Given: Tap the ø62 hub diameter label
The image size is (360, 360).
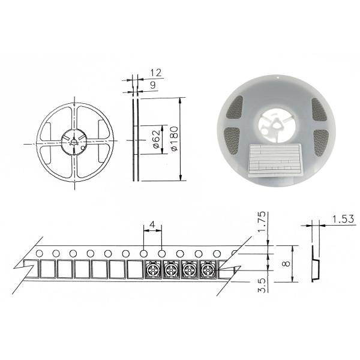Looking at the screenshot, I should pyautogui.click(x=155, y=140).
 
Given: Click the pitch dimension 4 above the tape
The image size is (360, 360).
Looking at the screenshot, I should pyautogui.click(x=152, y=224).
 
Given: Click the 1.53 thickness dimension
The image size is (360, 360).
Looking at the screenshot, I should pyautogui.click(x=341, y=220).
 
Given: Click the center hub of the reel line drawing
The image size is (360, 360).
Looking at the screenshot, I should pyautogui.click(x=74, y=142).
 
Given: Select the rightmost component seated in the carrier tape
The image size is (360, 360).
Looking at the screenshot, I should pyautogui.click(x=208, y=271).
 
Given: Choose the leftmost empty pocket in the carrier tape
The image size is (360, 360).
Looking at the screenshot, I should pyautogui.click(x=47, y=269).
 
